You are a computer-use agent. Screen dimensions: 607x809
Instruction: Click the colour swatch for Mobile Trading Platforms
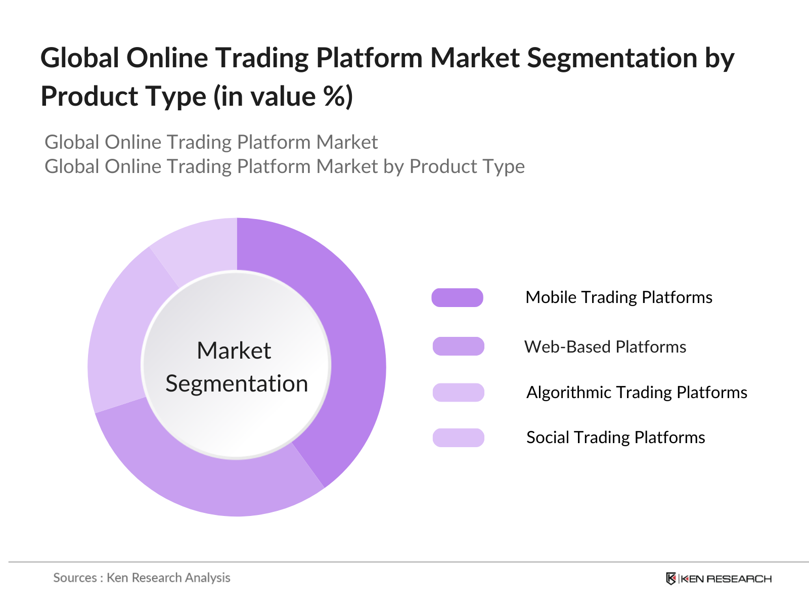(x=457, y=297)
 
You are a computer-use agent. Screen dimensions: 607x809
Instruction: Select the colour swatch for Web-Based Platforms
(x=458, y=346)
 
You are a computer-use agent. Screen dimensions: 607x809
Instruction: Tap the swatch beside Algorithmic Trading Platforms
(x=458, y=393)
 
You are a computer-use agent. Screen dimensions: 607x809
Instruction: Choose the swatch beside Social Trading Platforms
(x=458, y=438)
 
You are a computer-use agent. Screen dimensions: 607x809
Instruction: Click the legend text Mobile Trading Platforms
(x=618, y=297)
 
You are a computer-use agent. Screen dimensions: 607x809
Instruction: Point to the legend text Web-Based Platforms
(x=605, y=347)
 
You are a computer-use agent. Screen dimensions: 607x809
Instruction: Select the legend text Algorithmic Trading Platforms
(x=637, y=393)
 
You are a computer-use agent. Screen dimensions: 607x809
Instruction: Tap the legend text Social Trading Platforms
(x=615, y=438)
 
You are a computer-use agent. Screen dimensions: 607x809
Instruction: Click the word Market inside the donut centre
(x=234, y=351)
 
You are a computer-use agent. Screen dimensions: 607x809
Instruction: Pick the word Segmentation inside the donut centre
(x=237, y=384)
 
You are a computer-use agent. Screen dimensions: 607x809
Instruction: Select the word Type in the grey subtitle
(x=502, y=166)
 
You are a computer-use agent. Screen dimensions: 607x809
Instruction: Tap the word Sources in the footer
(x=75, y=578)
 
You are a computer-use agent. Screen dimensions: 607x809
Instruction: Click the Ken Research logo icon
(x=671, y=579)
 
